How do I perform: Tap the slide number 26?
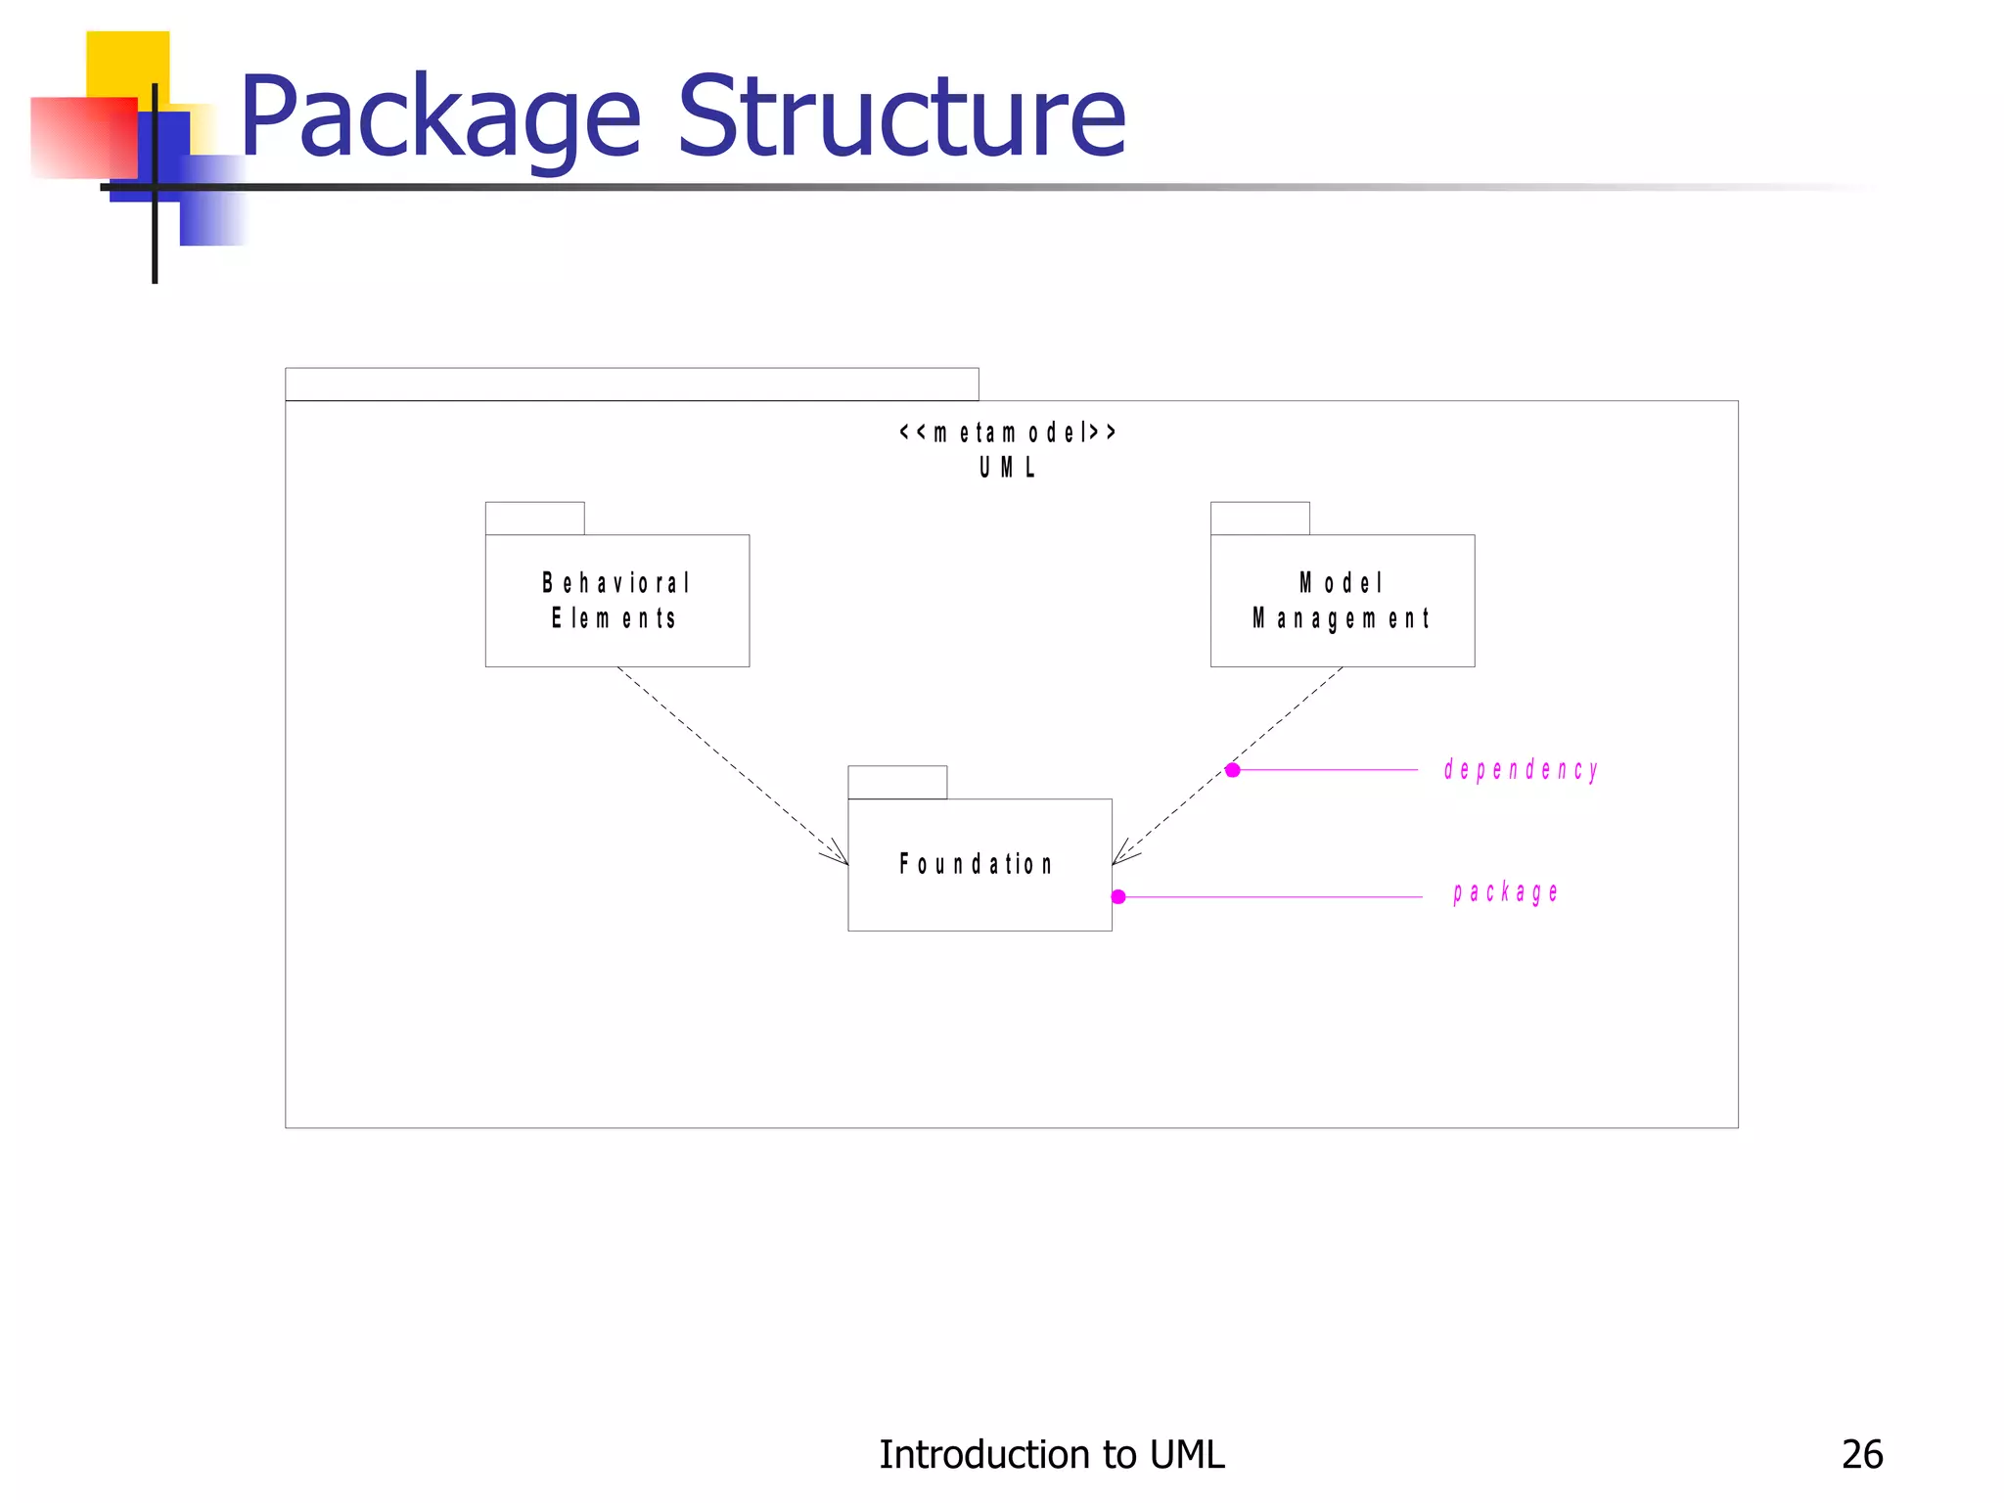pyautogui.click(x=1861, y=1454)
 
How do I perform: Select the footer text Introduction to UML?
pyautogui.click(x=1051, y=1454)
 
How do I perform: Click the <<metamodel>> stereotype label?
pyautogui.click(x=1008, y=432)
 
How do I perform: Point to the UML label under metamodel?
pyautogui.click(x=1008, y=468)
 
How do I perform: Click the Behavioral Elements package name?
pyautogui.click(x=616, y=601)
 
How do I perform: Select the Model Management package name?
pyautogui.click(x=1342, y=601)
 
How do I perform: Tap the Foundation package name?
pyautogui.click(x=977, y=864)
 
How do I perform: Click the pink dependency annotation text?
pyautogui.click(x=1521, y=770)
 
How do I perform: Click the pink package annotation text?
pyautogui.click(x=1505, y=892)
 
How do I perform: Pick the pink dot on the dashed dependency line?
pyautogui.click(x=1233, y=770)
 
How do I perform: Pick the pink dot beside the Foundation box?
pyautogui.click(x=1118, y=896)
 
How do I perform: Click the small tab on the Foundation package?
pyautogui.click(x=897, y=782)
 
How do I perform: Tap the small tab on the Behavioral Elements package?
pyautogui.click(x=534, y=519)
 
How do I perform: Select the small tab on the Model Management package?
pyautogui.click(x=1259, y=519)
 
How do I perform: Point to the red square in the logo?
pyautogui.click(x=83, y=137)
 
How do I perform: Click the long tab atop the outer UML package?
pyautogui.click(x=631, y=385)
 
